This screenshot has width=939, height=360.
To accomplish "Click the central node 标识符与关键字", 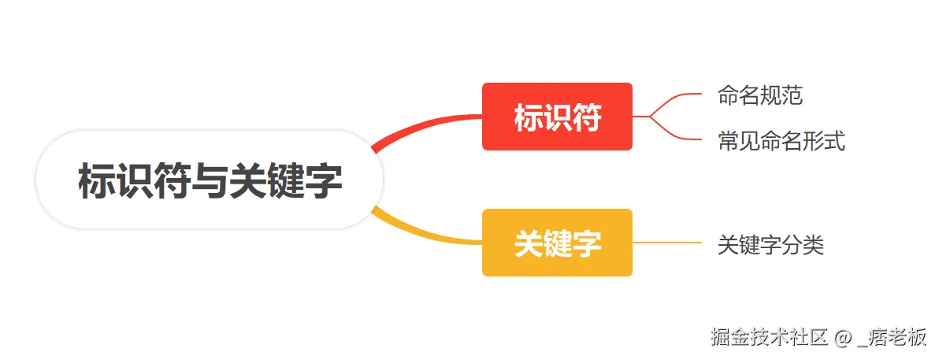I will (210, 180).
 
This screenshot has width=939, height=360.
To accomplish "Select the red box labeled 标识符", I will (557, 117).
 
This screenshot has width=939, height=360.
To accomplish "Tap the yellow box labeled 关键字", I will (557, 243).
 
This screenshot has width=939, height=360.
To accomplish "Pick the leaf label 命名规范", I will (759, 96).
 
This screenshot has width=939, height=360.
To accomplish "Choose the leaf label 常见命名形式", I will (781, 142).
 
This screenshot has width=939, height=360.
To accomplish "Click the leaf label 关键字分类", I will (770, 245).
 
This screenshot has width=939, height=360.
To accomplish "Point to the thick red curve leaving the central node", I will (425, 126).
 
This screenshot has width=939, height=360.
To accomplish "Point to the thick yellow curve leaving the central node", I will (425, 235).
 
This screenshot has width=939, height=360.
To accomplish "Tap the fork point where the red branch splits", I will (651, 117).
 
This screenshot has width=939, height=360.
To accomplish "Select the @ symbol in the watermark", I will (842, 338).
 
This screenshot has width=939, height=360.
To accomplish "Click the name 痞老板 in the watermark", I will (898, 338).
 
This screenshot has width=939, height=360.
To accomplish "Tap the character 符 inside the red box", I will (586, 117).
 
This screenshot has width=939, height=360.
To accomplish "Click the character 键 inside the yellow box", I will (557, 243).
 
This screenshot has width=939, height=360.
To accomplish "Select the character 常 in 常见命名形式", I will (728, 142).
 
